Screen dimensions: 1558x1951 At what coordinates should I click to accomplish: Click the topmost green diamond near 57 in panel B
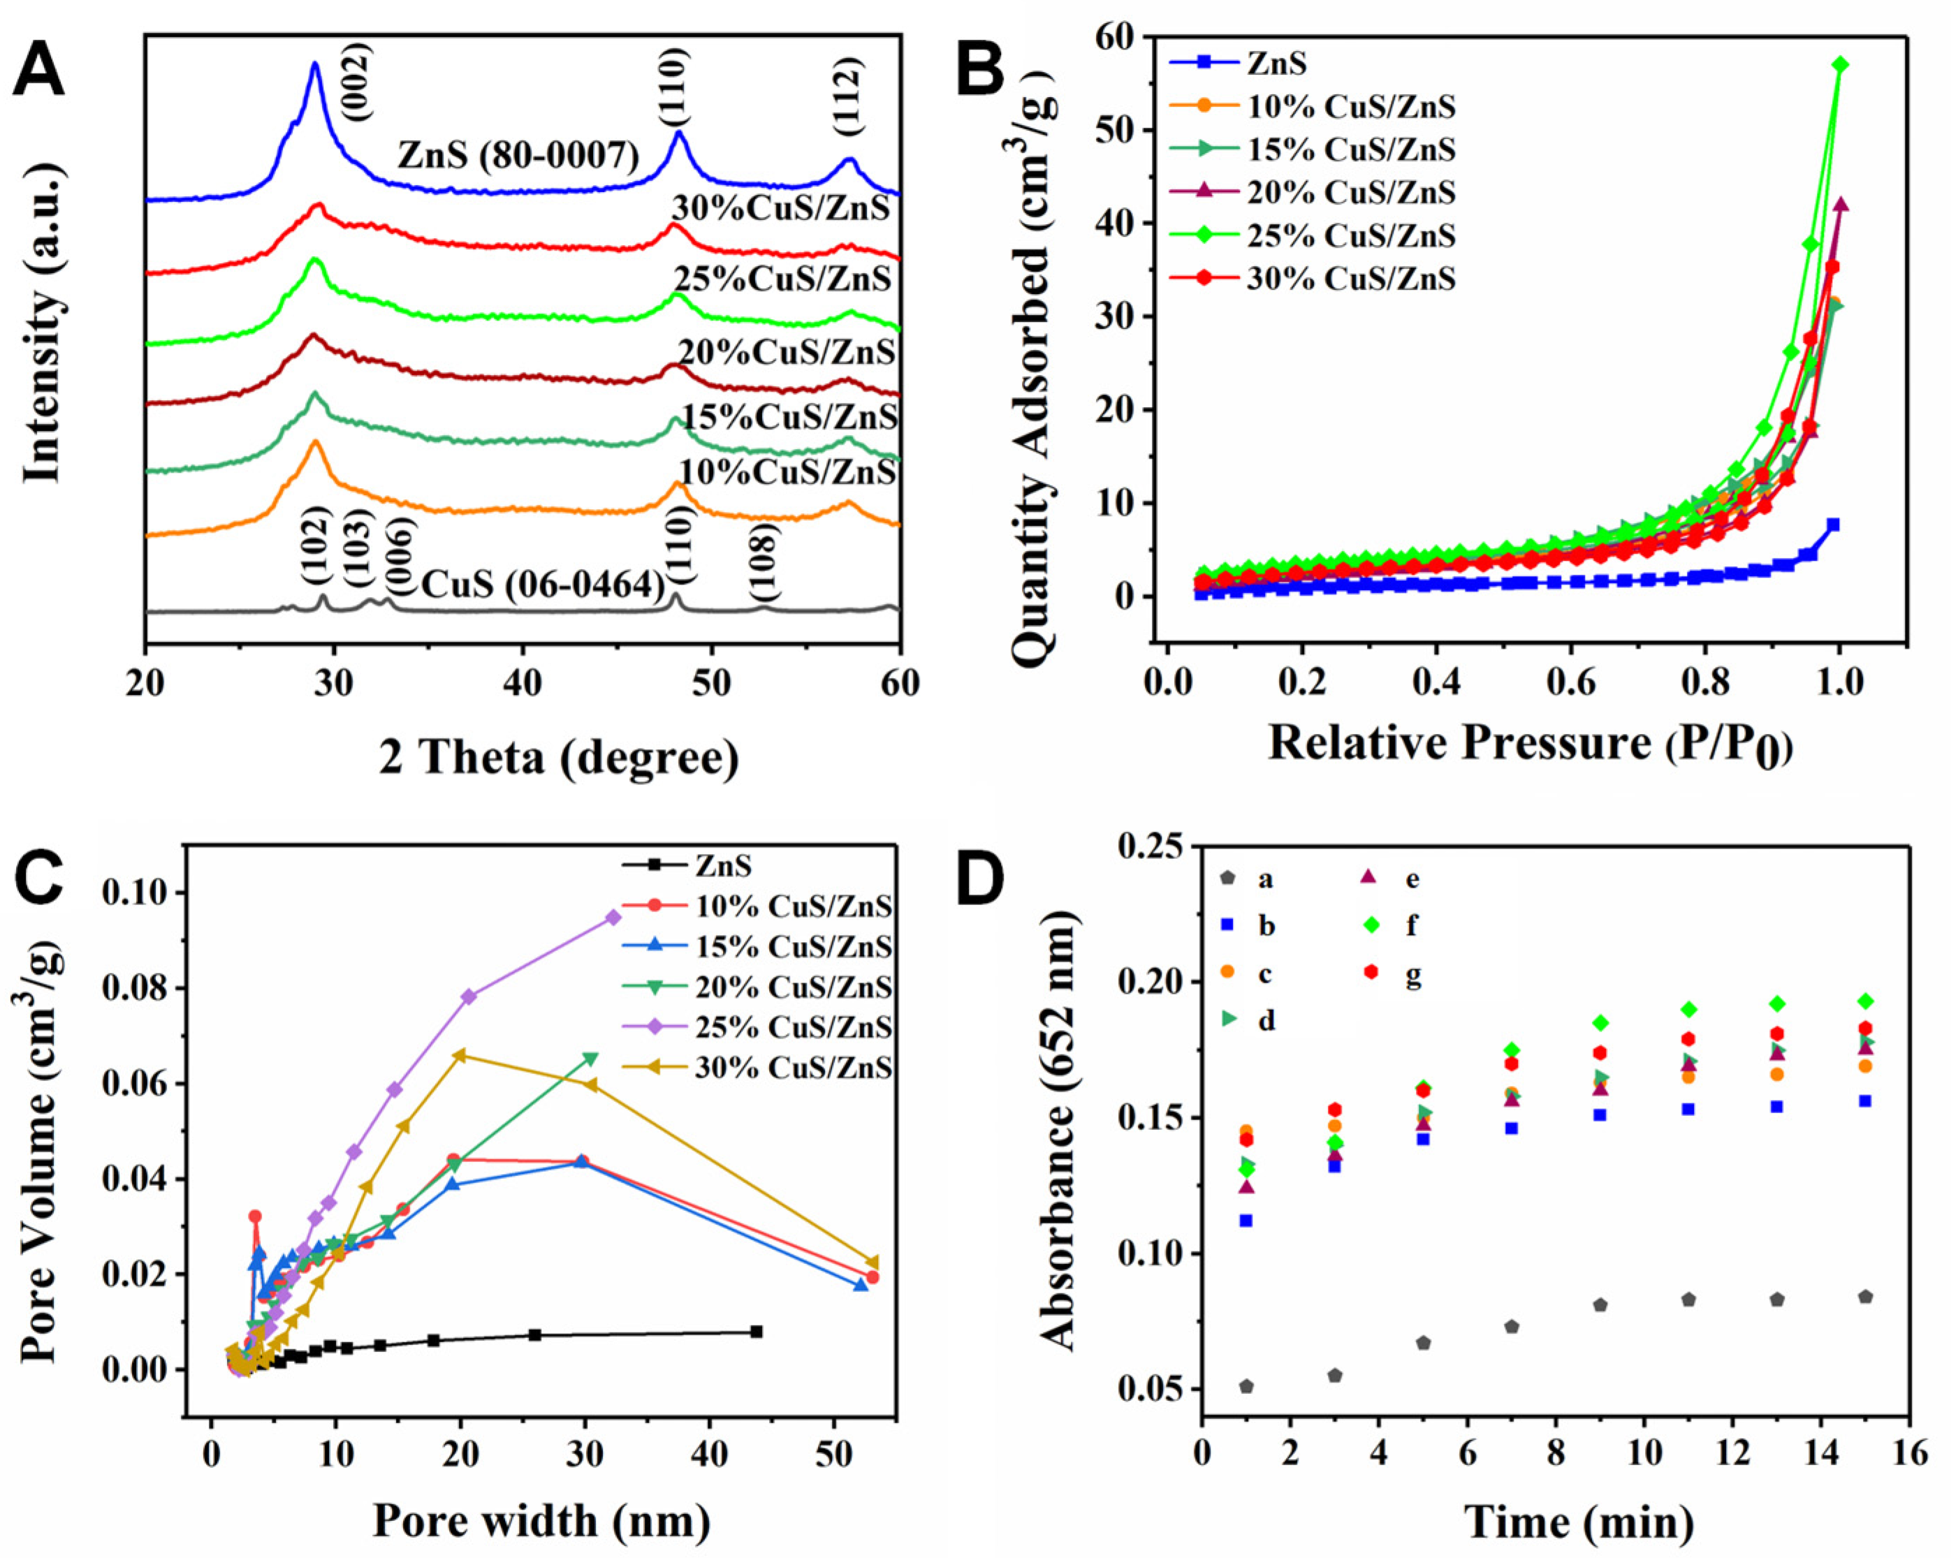point(1840,64)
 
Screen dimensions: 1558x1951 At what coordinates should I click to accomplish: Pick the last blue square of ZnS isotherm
point(1832,524)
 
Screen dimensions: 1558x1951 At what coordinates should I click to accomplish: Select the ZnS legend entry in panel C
point(723,866)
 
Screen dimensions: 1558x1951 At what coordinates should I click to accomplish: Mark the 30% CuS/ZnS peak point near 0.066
point(460,1055)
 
